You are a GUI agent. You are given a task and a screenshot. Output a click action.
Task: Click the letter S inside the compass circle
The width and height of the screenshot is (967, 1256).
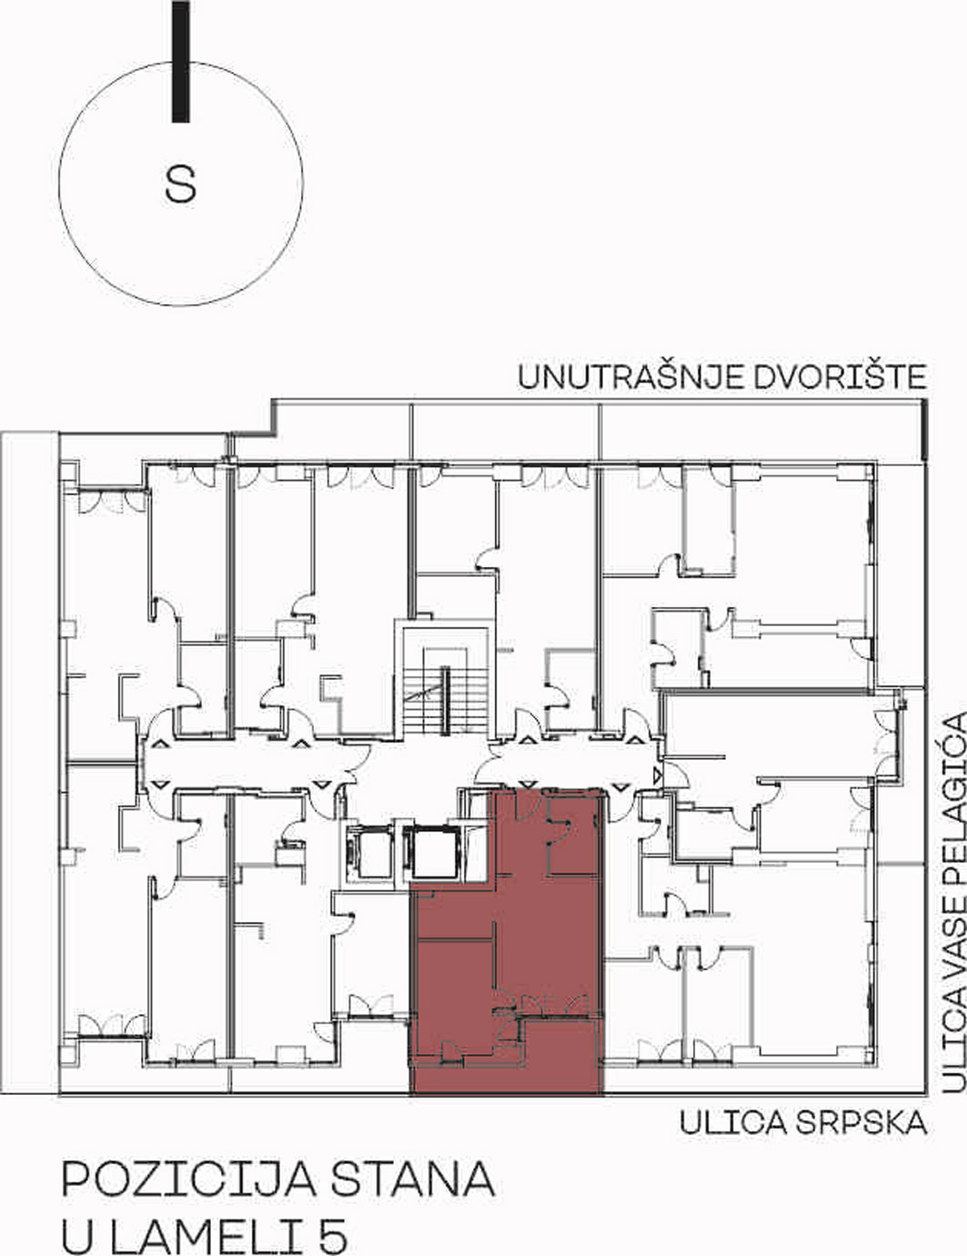point(180,185)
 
